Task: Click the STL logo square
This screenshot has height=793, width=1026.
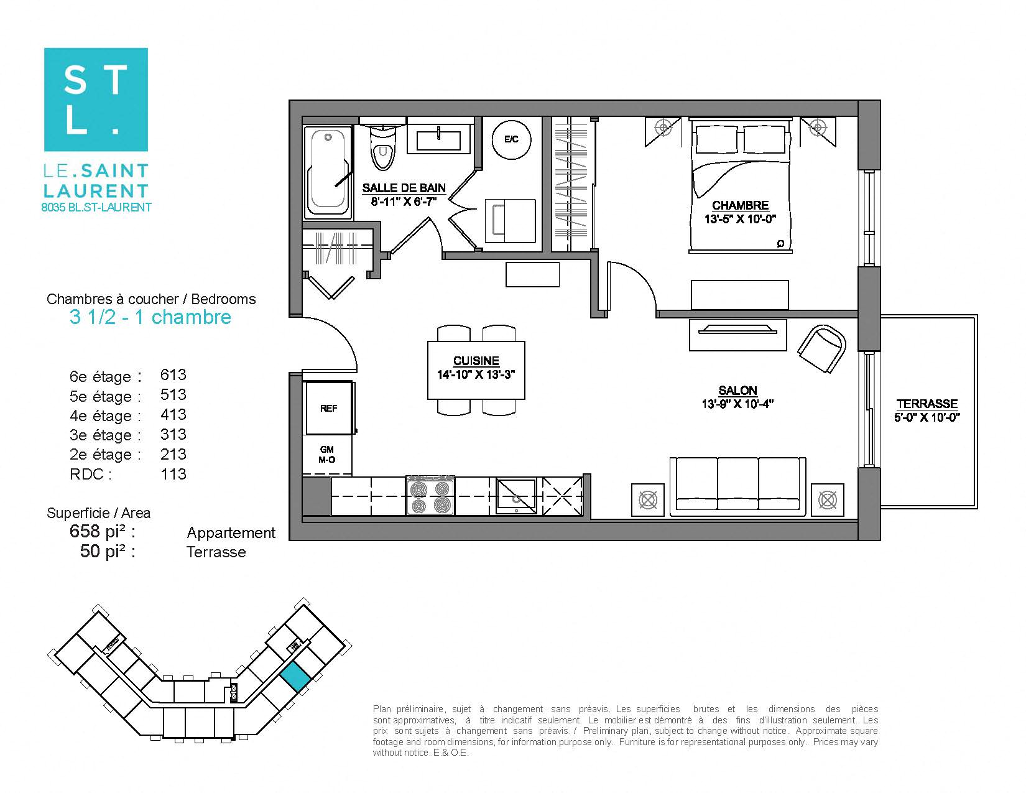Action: coord(96,100)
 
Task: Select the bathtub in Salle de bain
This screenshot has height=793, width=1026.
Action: coord(328,169)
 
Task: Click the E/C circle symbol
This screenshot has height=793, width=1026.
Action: coord(511,139)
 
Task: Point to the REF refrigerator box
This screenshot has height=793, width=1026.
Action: coord(328,408)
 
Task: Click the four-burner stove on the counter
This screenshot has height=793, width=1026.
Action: coord(430,496)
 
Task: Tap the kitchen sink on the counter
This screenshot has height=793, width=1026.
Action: coord(516,496)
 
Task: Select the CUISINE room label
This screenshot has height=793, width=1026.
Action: coord(476,361)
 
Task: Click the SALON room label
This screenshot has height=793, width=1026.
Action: coord(737,391)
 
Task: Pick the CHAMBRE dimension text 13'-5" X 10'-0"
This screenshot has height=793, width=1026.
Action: coord(740,219)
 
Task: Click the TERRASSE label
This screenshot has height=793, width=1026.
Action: coord(927,404)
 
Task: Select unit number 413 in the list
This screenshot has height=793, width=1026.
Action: coord(173,414)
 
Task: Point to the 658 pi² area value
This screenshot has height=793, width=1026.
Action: coord(102,531)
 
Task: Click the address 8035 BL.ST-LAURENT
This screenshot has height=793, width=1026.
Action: coord(96,208)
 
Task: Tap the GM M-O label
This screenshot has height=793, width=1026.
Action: coord(327,455)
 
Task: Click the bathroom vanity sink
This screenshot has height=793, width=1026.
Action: coord(438,140)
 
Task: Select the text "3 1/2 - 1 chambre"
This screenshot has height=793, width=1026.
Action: coord(150,317)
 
